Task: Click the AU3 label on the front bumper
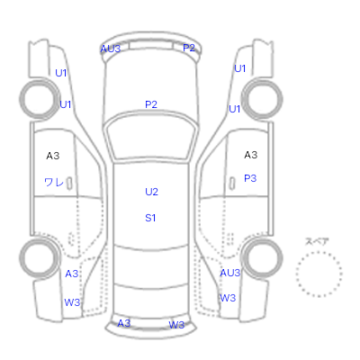click(x=111, y=49)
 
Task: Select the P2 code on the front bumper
click(x=189, y=48)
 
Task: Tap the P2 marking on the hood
click(x=151, y=104)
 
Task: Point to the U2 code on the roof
click(x=151, y=192)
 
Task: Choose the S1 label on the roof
click(x=150, y=218)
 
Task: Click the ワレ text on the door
click(x=54, y=182)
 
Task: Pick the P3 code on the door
click(x=250, y=178)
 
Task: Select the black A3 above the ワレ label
click(x=53, y=156)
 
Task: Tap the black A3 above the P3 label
click(x=251, y=155)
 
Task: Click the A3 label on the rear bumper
click(x=124, y=323)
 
